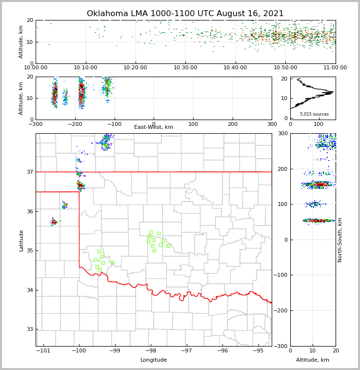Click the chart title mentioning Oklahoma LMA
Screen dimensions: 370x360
pos(185,14)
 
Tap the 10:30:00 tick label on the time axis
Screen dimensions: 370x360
pos(185,68)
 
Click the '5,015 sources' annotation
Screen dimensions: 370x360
pos(314,114)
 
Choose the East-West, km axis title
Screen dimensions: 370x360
pos(154,127)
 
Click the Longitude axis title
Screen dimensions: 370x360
pos(154,360)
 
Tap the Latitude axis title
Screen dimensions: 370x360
pos(21,240)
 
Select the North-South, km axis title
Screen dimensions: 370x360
pos(340,240)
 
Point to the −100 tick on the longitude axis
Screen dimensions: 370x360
pos(79,351)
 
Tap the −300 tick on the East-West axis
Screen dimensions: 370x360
pos(36,124)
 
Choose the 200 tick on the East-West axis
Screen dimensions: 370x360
pos(233,124)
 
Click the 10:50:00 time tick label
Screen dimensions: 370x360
pos(285,68)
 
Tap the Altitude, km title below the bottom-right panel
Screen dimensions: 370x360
pos(313,360)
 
